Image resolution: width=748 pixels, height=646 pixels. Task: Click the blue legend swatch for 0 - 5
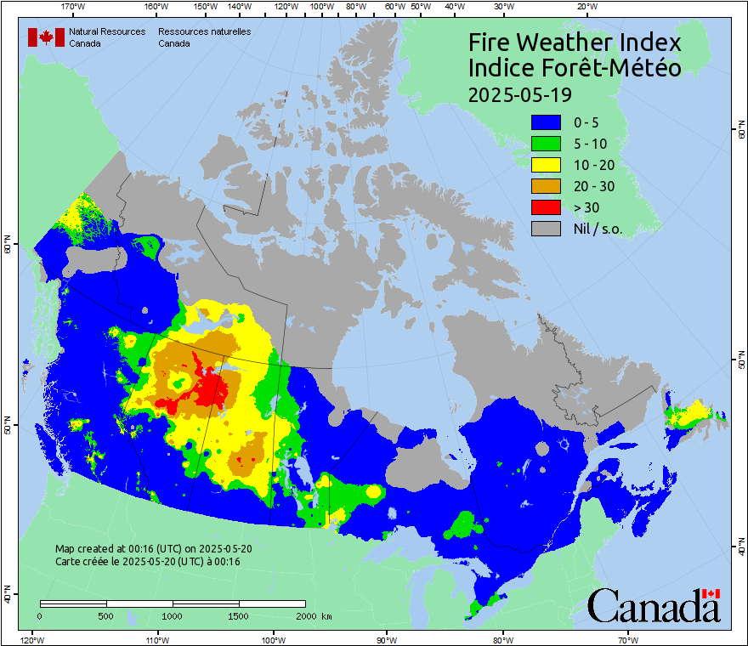tap(546, 122)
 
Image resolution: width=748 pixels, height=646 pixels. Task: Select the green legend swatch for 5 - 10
tap(546, 144)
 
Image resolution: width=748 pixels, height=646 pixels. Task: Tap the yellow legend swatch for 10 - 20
tap(546, 165)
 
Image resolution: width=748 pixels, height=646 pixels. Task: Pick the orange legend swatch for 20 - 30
tap(546, 186)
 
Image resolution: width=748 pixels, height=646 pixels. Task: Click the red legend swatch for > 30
tap(546, 207)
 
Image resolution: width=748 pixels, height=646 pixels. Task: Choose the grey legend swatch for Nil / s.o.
tap(546, 229)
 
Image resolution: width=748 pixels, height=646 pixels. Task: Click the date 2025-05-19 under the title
tap(519, 93)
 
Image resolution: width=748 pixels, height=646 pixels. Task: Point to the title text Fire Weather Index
tap(575, 42)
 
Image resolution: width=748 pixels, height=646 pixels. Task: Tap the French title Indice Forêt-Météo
tap(575, 68)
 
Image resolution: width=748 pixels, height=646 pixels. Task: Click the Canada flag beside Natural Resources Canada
tap(46, 37)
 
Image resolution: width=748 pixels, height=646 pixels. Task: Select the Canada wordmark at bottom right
tap(654, 606)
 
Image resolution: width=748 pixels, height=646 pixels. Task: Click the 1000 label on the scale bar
tap(173, 615)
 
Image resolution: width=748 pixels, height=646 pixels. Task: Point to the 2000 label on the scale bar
tap(304, 615)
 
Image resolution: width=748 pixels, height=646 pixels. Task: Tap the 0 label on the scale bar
tap(40, 615)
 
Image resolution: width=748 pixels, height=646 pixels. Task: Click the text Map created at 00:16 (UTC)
tap(153, 548)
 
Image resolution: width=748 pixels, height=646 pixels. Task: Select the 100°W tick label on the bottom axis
tap(273, 639)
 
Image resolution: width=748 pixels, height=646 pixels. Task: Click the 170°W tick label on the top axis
tap(74, 6)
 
